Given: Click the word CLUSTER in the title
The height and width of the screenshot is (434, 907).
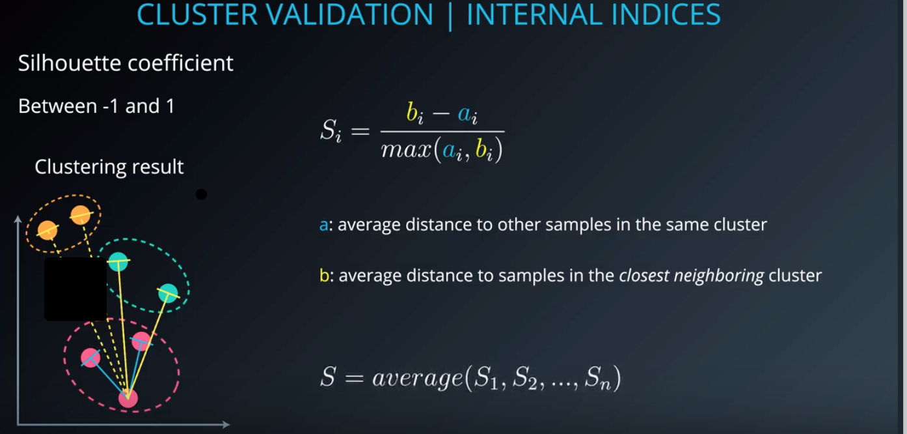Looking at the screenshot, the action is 197,14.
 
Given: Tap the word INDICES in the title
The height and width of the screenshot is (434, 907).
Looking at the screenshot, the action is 666,14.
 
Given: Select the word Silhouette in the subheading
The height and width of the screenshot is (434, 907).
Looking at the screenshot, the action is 69,63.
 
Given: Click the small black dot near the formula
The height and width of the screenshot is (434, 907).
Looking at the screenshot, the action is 201,194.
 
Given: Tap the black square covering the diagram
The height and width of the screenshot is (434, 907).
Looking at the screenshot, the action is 75,289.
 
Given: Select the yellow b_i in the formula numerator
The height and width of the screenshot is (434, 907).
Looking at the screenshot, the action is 414,113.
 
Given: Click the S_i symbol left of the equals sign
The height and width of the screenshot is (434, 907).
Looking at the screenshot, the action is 331,130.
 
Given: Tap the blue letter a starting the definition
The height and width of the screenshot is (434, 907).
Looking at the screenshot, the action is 323,225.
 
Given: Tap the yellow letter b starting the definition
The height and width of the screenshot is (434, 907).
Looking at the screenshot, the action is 324,276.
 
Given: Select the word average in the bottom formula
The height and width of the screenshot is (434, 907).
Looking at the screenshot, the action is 418,379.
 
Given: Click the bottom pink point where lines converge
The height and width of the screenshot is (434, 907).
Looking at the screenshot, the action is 128,398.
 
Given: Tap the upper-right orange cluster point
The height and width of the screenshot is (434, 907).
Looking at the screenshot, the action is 80,215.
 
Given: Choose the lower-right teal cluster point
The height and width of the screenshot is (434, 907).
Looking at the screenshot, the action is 168,293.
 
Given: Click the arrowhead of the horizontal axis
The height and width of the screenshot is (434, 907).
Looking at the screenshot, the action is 226,425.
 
